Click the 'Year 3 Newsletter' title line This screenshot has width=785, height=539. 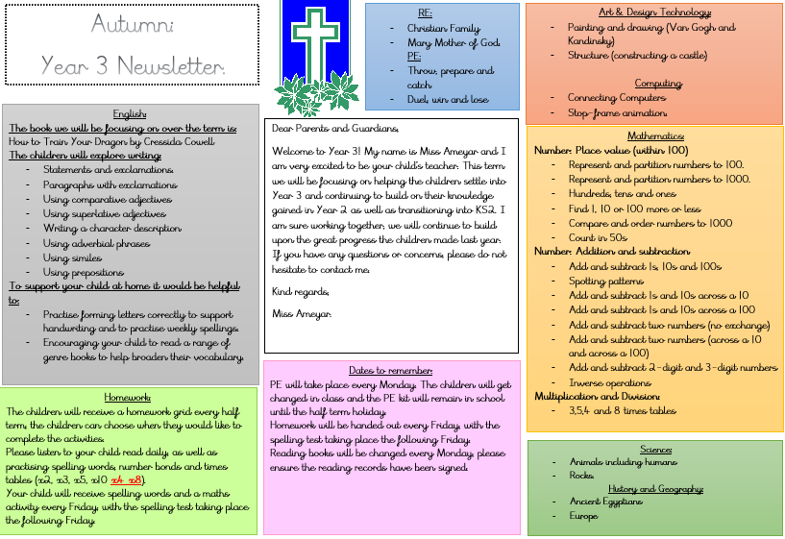pos(133,65)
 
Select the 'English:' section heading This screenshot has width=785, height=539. pos(130,113)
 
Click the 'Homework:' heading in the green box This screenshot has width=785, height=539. pos(128,397)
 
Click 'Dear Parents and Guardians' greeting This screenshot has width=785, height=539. pos(334,128)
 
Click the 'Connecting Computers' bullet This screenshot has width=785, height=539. pos(610,97)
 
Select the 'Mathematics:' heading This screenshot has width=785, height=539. pos(655,136)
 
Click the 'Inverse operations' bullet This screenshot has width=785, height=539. pos(610,382)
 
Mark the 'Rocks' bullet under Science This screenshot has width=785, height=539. pos(581,475)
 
